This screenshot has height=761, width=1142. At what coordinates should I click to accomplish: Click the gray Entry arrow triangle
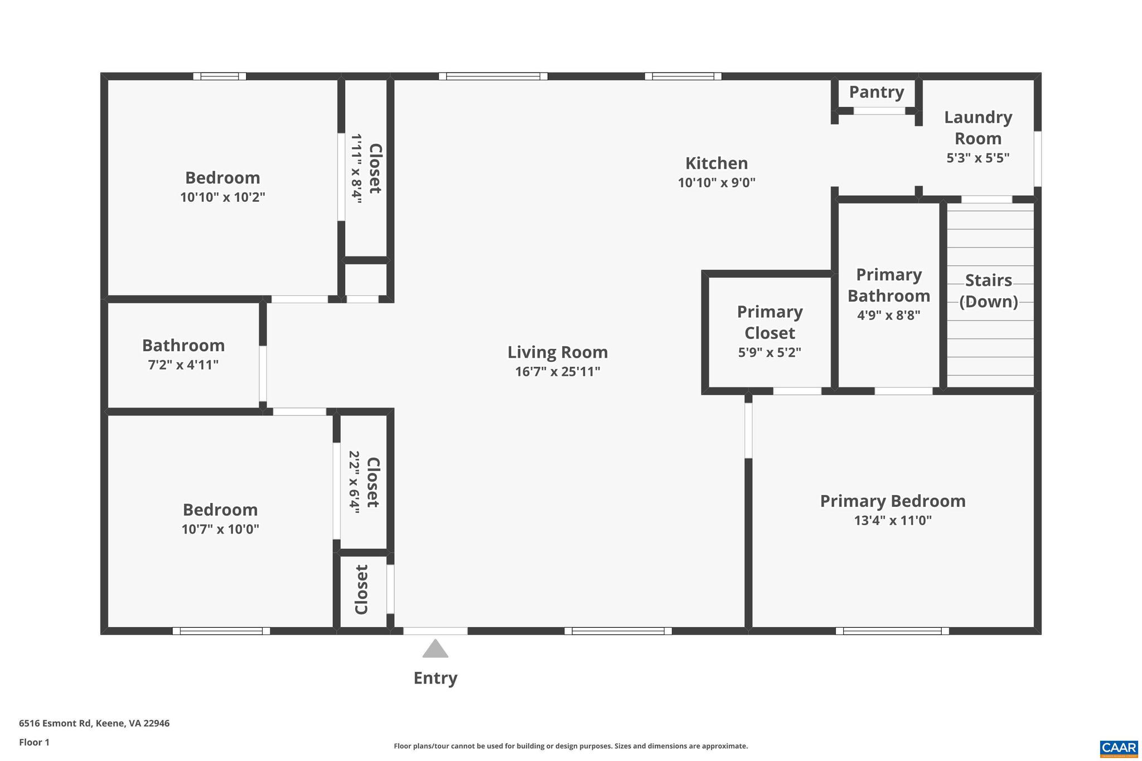pos(435,649)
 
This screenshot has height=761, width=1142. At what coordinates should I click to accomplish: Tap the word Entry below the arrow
pos(435,678)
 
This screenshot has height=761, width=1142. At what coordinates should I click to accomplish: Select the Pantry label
pos(877,92)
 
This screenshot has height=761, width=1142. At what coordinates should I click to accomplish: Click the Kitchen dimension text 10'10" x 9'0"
pos(717,183)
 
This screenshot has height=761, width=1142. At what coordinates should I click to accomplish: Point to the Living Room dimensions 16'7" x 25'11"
pos(558,371)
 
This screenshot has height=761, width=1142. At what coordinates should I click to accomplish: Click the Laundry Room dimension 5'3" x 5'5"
pos(978,158)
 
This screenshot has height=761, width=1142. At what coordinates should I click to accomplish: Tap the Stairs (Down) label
pos(989,290)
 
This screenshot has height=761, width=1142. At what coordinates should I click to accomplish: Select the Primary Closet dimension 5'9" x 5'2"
pos(770,352)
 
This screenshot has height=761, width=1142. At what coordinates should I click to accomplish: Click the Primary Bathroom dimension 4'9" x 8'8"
pos(888,315)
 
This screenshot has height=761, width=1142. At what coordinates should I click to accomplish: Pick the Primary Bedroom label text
pos(893,501)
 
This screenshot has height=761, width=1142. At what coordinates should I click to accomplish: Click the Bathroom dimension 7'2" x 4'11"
pos(183,365)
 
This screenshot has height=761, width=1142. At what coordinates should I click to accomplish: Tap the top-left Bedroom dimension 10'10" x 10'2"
pos(222,197)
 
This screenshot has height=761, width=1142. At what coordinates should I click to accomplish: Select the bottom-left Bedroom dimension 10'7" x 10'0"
pos(220,529)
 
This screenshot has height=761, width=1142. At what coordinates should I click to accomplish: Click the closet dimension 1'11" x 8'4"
pos(356,168)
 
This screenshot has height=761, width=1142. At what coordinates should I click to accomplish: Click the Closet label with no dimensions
pos(362,589)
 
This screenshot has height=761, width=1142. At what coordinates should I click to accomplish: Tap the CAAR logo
pos(1119,748)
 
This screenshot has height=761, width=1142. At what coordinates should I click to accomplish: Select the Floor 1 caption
pos(35,742)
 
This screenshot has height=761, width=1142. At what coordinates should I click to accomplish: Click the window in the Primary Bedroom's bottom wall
pos(892,631)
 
